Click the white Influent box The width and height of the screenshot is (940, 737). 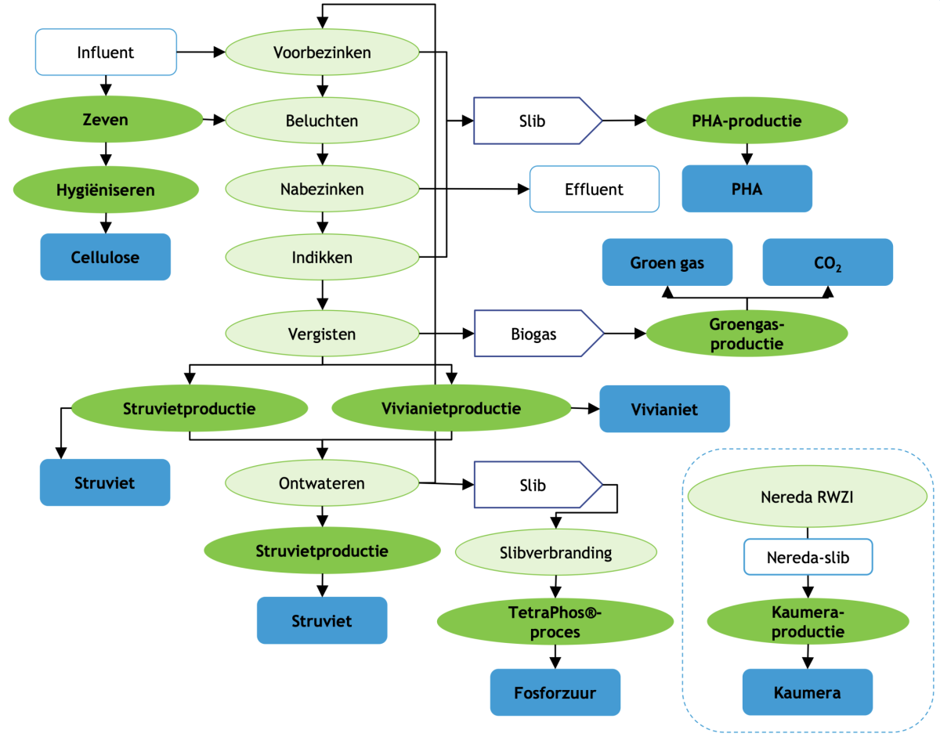click(106, 52)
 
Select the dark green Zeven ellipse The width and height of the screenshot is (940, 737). click(105, 121)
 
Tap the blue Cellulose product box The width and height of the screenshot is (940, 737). click(105, 257)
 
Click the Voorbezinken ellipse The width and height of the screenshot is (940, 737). click(322, 52)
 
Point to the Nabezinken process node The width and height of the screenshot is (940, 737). click(322, 189)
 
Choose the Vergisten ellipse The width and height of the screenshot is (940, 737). click(322, 334)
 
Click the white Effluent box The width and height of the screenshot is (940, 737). click(594, 189)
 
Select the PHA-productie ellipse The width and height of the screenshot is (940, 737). click(747, 121)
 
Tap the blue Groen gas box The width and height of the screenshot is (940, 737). click(667, 262)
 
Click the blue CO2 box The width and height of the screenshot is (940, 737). click(827, 262)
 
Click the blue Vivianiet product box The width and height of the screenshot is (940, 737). click(664, 408)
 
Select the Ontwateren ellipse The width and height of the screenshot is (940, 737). click(322, 483)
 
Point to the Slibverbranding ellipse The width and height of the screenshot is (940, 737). click(555, 552)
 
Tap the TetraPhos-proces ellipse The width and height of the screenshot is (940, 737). click(555, 622)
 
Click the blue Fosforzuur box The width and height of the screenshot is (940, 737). click(555, 692)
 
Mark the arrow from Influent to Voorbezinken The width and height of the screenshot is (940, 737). click(201, 52)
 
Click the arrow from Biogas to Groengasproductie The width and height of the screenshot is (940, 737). click(625, 334)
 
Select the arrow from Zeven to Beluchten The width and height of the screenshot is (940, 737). click(213, 121)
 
